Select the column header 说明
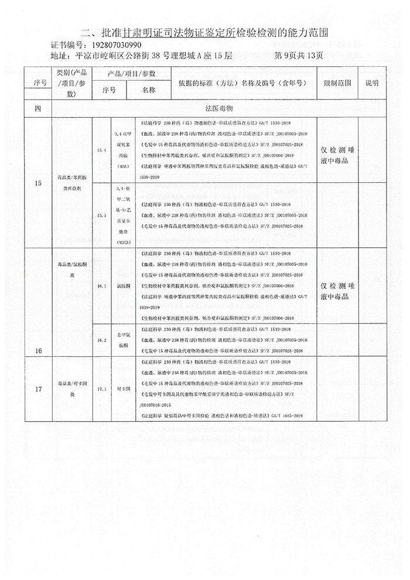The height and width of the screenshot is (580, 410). pos(372,84)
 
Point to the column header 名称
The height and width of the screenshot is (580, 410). pos(148,91)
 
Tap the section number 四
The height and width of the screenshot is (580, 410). pos(38,109)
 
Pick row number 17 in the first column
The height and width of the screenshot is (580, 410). pos(38,388)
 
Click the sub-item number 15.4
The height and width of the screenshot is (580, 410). pos(102,151)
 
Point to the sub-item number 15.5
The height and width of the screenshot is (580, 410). pos(102,216)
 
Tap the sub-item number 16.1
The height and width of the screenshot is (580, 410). pos(102,286)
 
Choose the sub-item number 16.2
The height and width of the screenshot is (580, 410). pos(102,339)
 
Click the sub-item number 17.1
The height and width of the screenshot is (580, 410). pos(102,388)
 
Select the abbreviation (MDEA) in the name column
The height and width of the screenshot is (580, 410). pos(123,241)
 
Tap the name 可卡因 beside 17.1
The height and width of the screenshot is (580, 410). pos(123,388)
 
